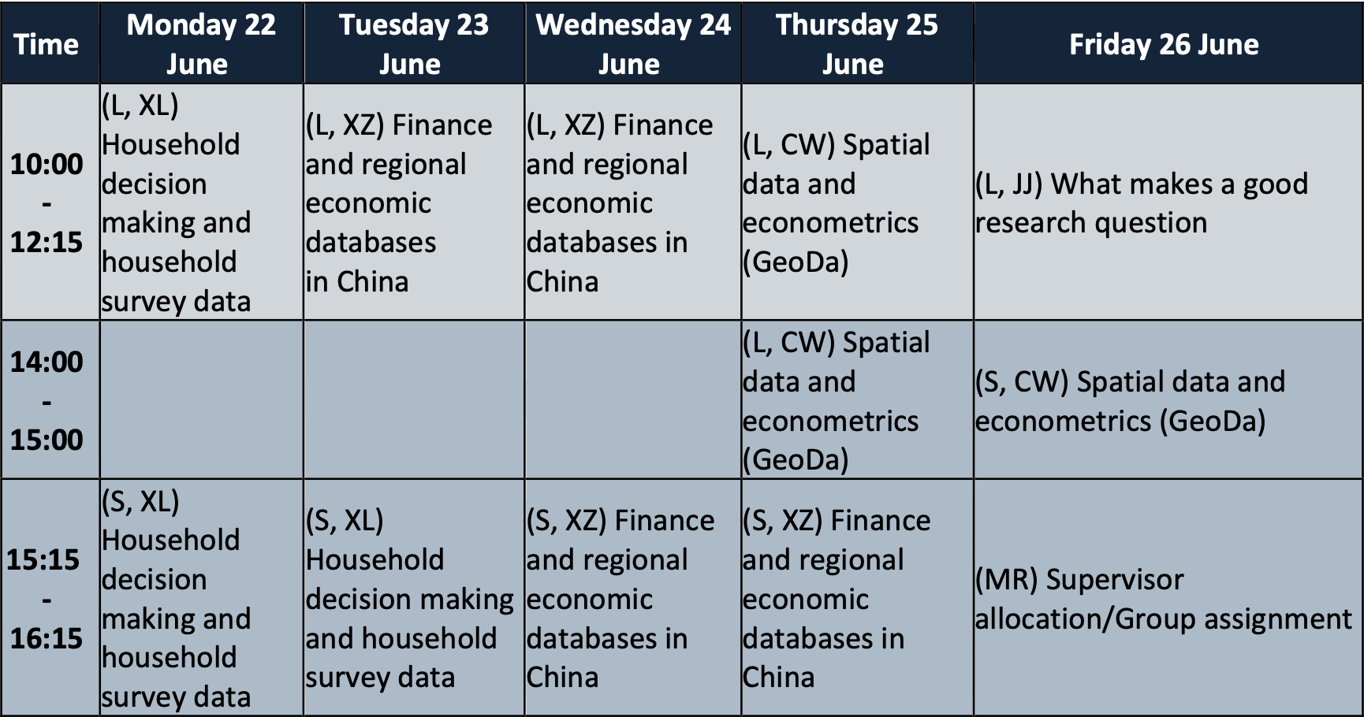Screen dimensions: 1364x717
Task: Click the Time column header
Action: pyautogui.click(x=47, y=44)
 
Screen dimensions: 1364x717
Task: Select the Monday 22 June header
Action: pyautogui.click(x=201, y=44)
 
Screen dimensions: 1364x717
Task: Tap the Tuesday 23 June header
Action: pyautogui.click(x=414, y=44)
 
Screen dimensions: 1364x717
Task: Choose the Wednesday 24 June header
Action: pyautogui.click(x=633, y=44)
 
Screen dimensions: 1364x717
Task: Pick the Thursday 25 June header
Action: pyautogui.click(x=857, y=44)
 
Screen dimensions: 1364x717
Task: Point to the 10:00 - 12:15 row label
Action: pyautogui.click(x=47, y=202)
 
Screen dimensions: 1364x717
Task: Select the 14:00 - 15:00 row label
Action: pyautogui.click(x=47, y=400)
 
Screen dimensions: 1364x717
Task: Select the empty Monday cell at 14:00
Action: pyautogui.click(x=201, y=400)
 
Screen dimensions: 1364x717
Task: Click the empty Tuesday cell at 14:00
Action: pyautogui.click(x=414, y=400)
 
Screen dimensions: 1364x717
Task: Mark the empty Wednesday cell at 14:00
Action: pyautogui.click(x=633, y=400)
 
